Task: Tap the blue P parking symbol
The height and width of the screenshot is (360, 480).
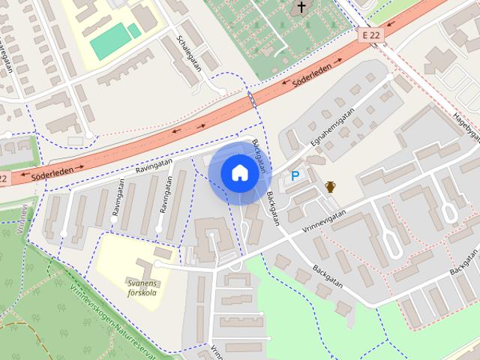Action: click(x=295, y=176)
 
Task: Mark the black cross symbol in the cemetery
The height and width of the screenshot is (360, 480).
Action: click(x=302, y=8)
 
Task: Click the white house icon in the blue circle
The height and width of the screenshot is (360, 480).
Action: click(x=239, y=173)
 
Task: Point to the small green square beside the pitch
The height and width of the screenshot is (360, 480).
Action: click(x=133, y=31)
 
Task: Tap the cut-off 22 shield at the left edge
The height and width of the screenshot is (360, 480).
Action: click(x=4, y=179)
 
